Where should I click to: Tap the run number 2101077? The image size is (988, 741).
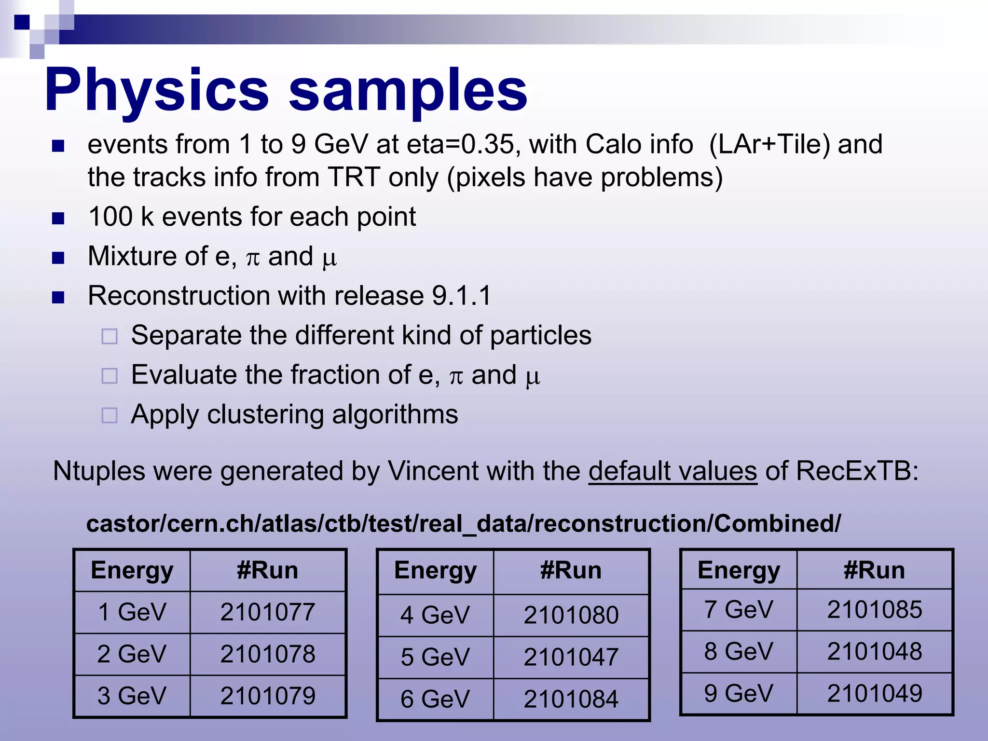click(x=268, y=612)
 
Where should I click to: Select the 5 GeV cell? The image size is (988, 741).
click(x=435, y=657)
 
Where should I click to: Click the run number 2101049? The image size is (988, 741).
click(x=874, y=693)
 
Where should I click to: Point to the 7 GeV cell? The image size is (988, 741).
click(x=738, y=609)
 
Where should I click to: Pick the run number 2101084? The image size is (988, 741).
click(x=571, y=699)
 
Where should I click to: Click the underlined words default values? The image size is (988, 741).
click(x=672, y=471)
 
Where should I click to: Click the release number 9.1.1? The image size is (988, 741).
click(x=461, y=295)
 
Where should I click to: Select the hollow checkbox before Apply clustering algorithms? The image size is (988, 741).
click(x=110, y=415)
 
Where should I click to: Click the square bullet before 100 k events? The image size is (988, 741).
click(x=58, y=219)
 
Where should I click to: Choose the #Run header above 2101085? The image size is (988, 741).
click(x=874, y=570)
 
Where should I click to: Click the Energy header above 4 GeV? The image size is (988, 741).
click(x=435, y=571)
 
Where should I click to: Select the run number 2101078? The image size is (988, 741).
click(x=268, y=654)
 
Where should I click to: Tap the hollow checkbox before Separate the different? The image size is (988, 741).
click(x=110, y=336)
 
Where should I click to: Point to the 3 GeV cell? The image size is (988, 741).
click(x=131, y=696)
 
